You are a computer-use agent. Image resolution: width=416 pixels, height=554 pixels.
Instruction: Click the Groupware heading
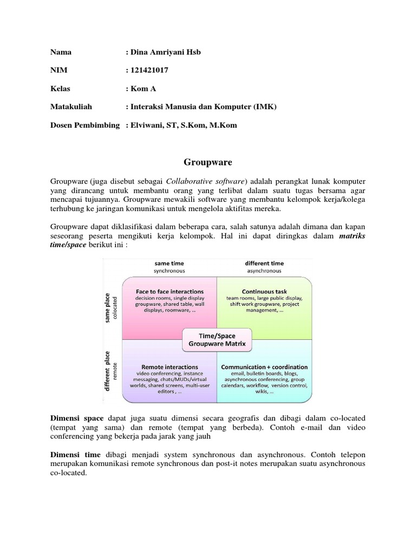tap(207, 162)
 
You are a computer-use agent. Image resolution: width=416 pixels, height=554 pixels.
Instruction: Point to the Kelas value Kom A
tap(141, 88)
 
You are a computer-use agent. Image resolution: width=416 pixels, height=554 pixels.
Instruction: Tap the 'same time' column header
tap(169, 263)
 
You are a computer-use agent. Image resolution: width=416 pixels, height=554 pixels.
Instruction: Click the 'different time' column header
tap(265, 263)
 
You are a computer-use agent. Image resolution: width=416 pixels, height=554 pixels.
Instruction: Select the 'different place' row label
tap(108, 371)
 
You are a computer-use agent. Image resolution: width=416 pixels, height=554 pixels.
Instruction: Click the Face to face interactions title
tap(169, 291)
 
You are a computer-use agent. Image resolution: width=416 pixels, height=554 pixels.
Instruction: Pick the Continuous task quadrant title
tap(264, 291)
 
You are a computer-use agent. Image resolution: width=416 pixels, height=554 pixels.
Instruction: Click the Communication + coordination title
tap(264, 366)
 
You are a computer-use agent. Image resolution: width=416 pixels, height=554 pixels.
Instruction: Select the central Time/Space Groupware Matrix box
tap(217, 339)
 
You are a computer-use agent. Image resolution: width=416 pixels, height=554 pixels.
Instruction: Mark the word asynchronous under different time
tap(265, 271)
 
